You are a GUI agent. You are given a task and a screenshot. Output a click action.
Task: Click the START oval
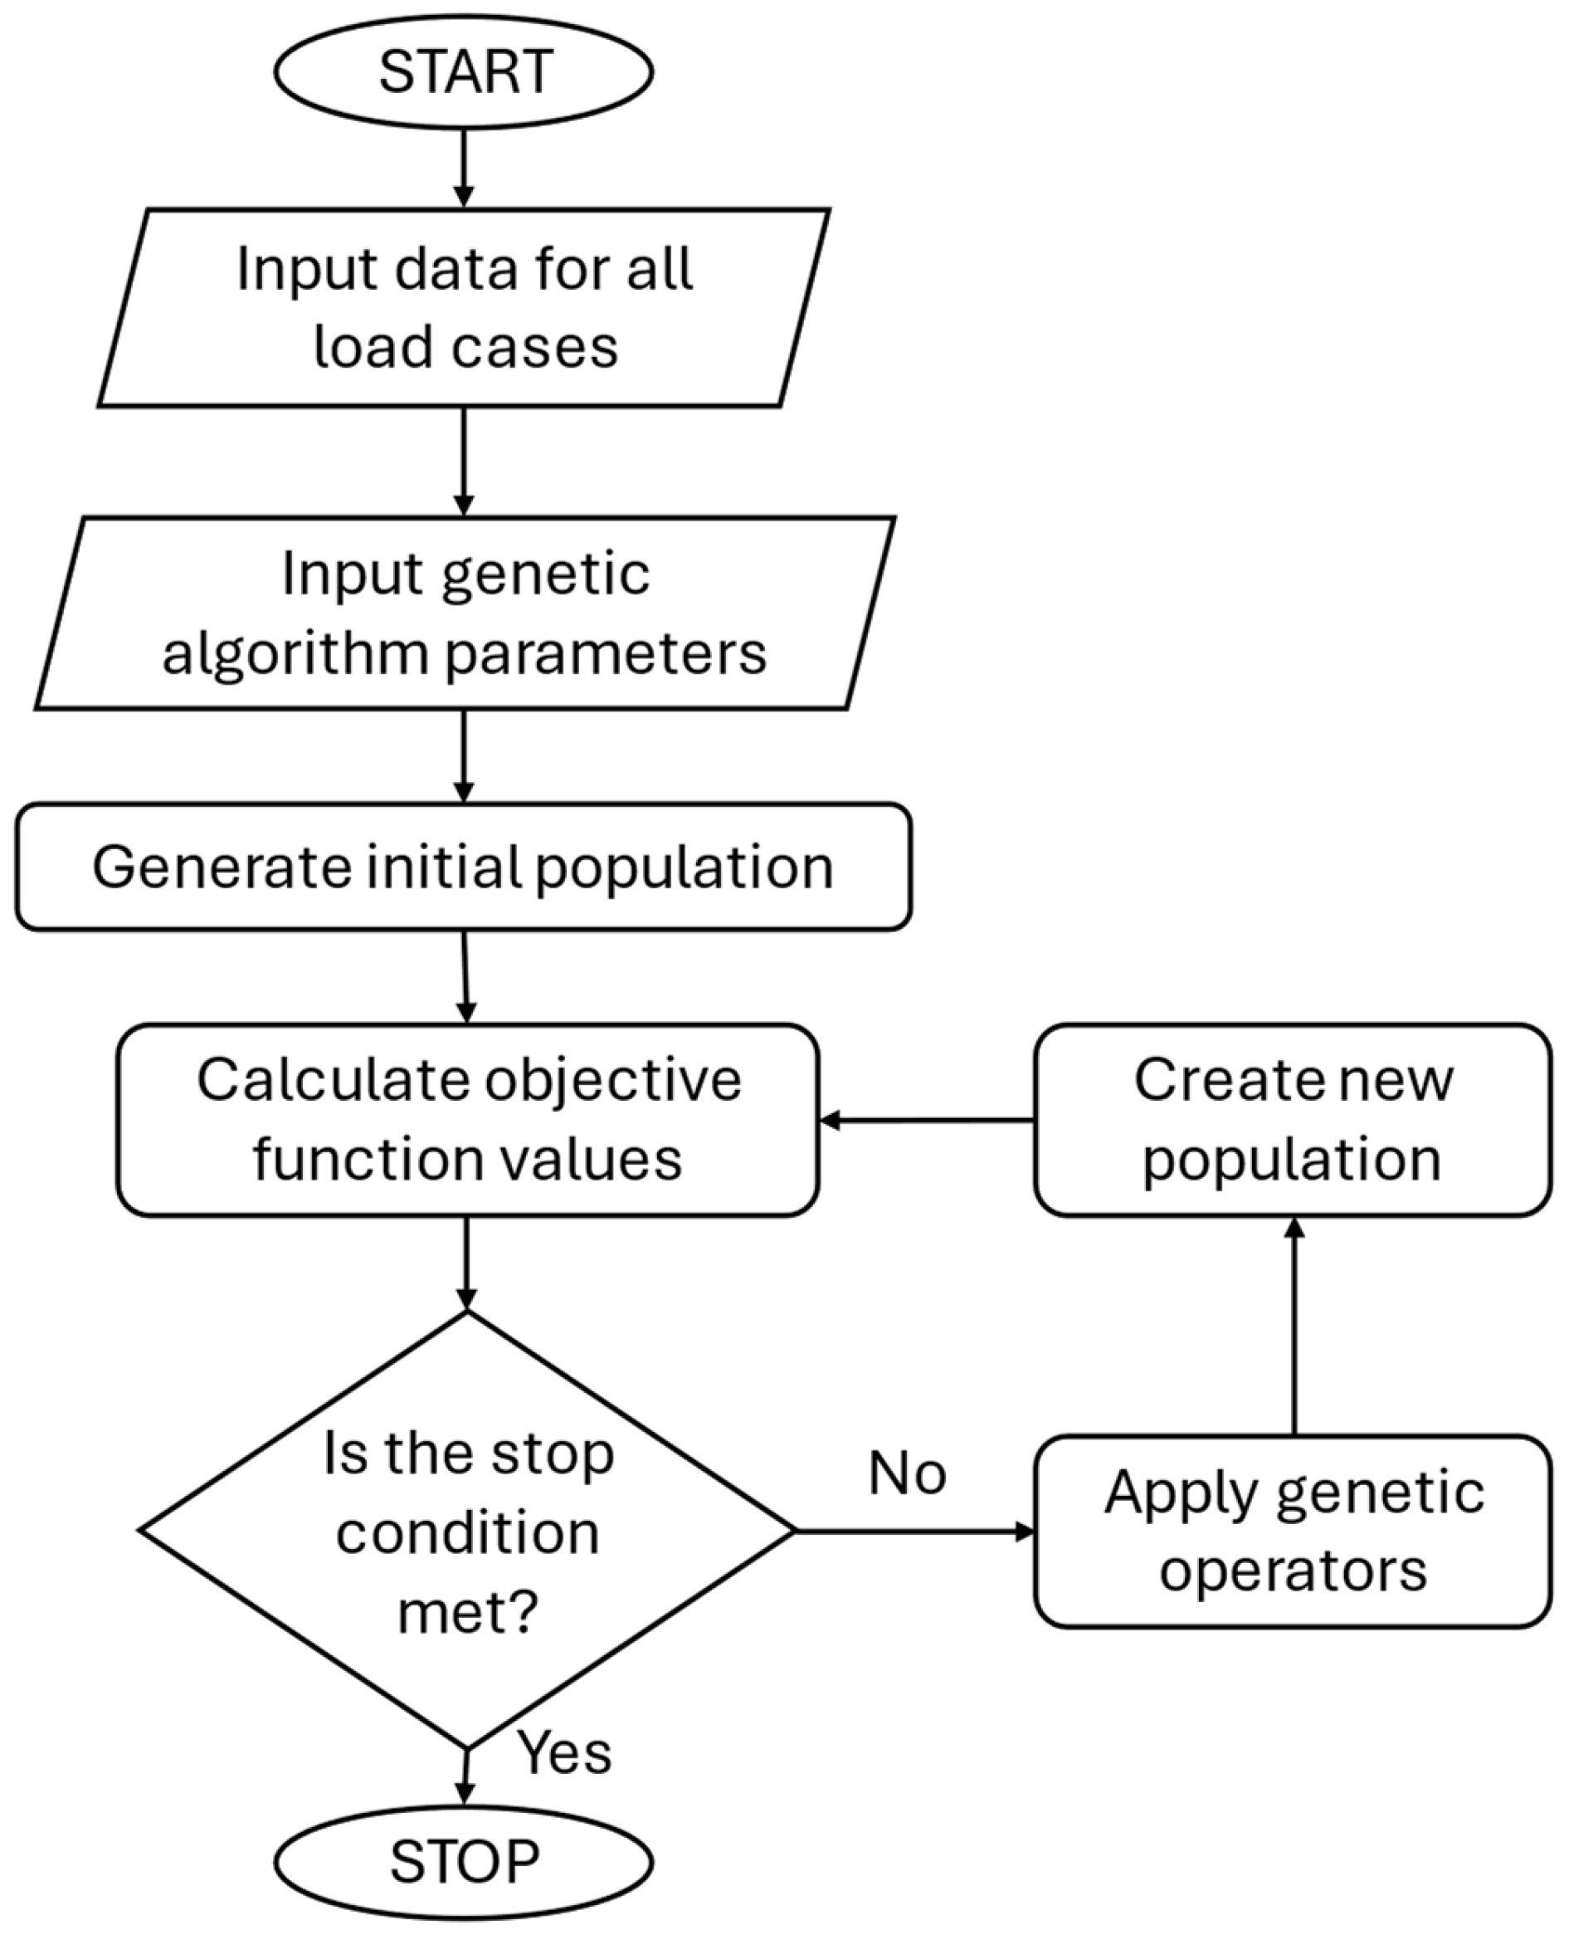tap(464, 71)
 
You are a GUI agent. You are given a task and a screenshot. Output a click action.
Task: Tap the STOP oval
tap(464, 1862)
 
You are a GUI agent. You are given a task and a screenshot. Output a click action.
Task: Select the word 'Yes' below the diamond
tap(564, 1752)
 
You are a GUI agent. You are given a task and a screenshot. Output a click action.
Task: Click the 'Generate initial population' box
tap(464, 867)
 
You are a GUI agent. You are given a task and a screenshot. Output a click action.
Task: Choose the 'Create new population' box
tap(1293, 1119)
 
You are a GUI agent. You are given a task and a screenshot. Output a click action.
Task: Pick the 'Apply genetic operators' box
tap(1293, 1531)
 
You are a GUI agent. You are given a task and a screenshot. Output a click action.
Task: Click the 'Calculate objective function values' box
tap(468, 1119)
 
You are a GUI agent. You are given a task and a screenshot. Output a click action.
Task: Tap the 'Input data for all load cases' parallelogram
tap(464, 307)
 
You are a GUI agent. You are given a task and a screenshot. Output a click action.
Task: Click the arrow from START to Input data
tap(464, 169)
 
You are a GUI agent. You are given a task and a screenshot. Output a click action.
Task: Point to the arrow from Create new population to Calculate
tap(927, 1121)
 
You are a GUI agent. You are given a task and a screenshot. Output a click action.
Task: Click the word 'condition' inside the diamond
tap(467, 1533)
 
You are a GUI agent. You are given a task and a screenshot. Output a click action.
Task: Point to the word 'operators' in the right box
tap(1293, 1571)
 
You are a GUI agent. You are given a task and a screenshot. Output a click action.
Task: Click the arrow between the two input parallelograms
tap(464, 462)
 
